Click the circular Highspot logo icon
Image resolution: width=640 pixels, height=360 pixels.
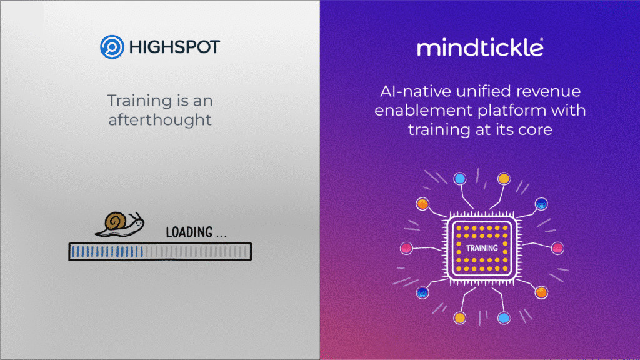click(x=110, y=47)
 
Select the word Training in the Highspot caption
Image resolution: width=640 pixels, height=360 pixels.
click(x=132, y=101)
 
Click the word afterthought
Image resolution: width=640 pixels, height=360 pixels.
click(x=160, y=119)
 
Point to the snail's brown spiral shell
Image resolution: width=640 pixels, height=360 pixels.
click(x=116, y=221)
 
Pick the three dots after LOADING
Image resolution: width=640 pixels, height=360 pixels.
click(x=221, y=235)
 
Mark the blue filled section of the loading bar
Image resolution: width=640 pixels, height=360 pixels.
click(x=107, y=251)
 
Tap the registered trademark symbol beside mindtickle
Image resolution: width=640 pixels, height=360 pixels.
click(x=541, y=41)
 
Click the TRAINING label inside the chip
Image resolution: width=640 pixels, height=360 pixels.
click(x=482, y=248)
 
